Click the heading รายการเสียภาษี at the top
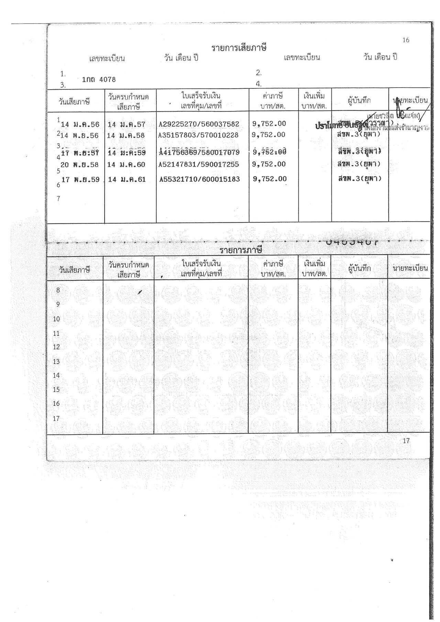pos(239,47)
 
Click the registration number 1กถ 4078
pos(99,80)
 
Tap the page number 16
pos(406,40)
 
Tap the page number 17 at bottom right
pos(406,441)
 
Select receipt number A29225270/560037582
pos(199,124)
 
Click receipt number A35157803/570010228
pos(198,135)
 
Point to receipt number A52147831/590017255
pos(199,165)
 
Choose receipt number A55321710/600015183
pos(200,179)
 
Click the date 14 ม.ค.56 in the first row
pos(80,125)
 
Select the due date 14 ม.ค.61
pos(126,179)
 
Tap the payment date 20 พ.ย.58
pos(80,165)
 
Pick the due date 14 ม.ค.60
pos(126,165)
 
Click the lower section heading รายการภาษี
pos(241,250)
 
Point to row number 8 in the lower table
pos(58,290)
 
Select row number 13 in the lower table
pos(56,362)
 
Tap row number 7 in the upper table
pos(58,199)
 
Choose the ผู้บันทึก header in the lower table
pos(359,269)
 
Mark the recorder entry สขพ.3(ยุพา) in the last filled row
pos(359,178)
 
